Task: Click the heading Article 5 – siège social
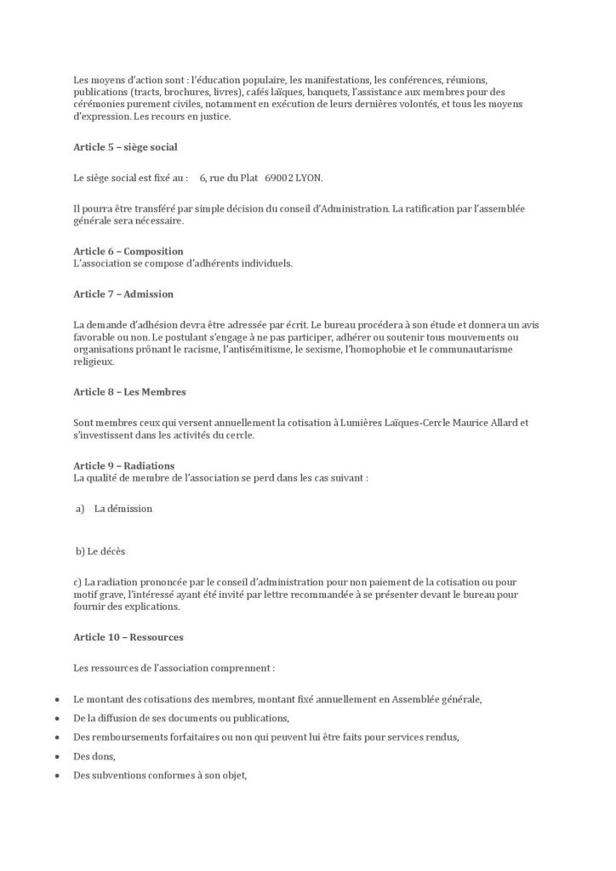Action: (x=125, y=147)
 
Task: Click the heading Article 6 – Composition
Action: (x=128, y=251)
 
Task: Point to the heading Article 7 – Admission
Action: (x=123, y=294)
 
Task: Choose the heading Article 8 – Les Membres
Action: (x=129, y=392)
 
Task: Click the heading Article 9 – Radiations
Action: (x=124, y=465)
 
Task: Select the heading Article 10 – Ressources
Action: (x=128, y=637)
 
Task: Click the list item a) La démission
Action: (x=114, y=509)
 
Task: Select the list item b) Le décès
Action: (x=100, y=551)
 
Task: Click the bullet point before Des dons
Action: (x=56, y=757)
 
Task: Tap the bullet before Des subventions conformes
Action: (x=56, y=776)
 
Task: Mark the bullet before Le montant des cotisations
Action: (x=56, y=700)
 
